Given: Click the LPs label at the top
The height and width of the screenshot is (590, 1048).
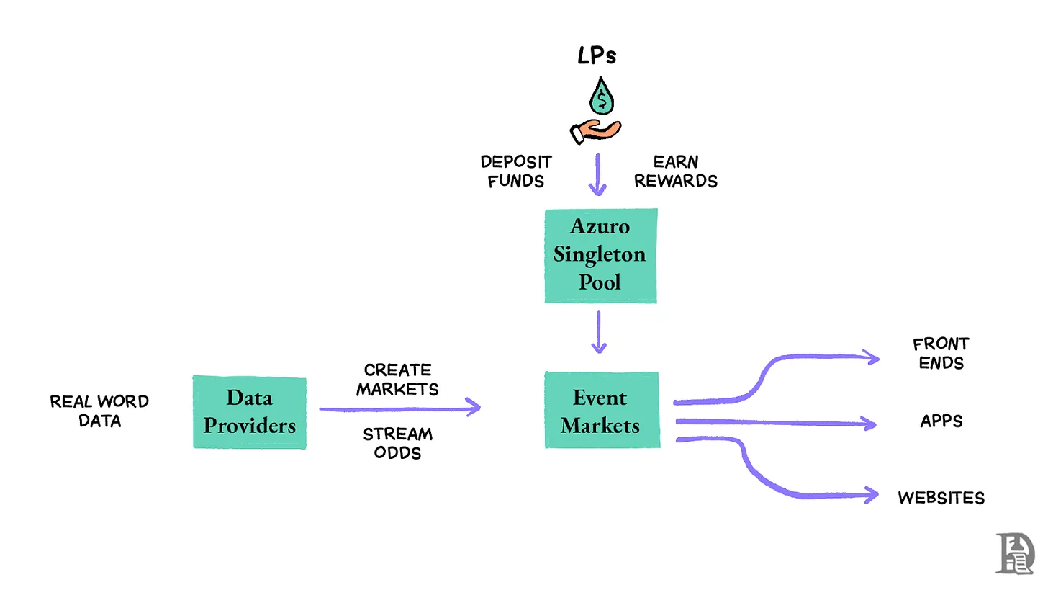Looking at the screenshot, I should [x=597, y=57].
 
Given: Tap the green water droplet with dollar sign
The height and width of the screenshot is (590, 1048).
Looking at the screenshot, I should [x=602, y=97].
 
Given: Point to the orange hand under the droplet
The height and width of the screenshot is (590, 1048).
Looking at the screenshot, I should [x=595, y=131].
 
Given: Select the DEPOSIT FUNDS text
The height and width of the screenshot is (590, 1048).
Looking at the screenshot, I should [x=516, y=171].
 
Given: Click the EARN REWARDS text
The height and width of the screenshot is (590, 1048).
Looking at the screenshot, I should [x=676, y=171].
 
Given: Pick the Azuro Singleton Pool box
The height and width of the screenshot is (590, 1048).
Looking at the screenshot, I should [x=600, y=255].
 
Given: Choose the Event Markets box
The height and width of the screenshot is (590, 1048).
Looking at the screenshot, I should [x=601, y=410].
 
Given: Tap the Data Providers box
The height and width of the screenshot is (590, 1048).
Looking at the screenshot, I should [x=249, y=411].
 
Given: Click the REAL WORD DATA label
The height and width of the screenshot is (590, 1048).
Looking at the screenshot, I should [x=99, y=411].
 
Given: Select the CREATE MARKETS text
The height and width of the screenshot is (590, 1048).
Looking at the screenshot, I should [x=397, y=380].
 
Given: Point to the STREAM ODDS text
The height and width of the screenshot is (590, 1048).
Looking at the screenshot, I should [x=397, y=443].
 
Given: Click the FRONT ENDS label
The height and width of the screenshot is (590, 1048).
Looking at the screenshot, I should [x=941, y=353].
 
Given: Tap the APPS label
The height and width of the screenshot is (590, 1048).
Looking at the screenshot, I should [x=941, y=421].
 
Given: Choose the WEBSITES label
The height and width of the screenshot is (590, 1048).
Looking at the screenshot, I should [x=941, y=497].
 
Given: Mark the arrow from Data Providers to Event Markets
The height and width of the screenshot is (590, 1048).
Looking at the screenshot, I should [x=399, y=408].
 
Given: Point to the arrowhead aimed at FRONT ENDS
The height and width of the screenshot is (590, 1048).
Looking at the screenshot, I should [x=872, y=357].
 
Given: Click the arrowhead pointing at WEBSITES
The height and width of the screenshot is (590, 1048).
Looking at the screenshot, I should [x=872, y=495].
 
